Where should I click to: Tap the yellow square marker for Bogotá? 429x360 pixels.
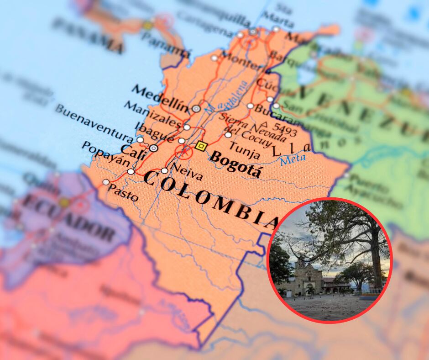tap(200, 146)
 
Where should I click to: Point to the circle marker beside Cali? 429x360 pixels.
tap(154, 148)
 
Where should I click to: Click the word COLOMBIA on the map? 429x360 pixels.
tap(210, 199)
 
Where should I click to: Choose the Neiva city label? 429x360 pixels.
tap(187, 172)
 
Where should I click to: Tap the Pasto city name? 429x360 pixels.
tap(123, 194)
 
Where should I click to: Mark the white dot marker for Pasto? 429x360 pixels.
tap(106, 182)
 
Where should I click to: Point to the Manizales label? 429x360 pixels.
tap(152, 114)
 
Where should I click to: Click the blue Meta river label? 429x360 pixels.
tap(293, 160)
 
